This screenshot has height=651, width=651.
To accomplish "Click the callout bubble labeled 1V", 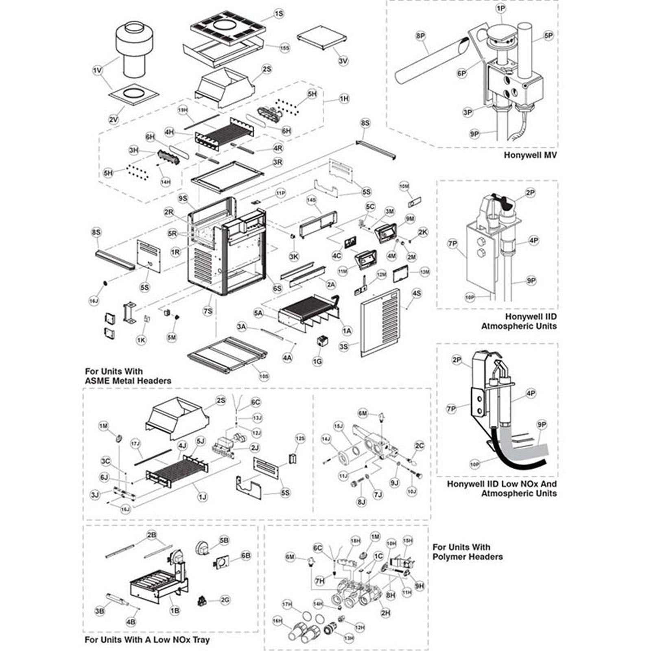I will (x=97, y=71).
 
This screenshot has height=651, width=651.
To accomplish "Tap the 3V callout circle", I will (x=343, y=61).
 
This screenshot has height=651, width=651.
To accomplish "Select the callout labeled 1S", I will (x=279, y=14).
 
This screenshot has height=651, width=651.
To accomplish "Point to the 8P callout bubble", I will (x=420, y=36).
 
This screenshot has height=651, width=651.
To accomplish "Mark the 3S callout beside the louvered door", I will (x=344, y=347).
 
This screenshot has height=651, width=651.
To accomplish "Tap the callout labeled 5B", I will (x=224, y=540).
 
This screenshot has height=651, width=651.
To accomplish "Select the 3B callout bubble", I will (x=100, y=611).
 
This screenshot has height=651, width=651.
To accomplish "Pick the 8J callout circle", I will (x=362, y=502).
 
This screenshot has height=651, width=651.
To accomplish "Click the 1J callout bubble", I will (x=202, y=497).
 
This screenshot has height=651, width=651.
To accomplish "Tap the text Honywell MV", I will (x=530, y=155).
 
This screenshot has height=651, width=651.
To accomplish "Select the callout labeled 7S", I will (x=208, y=311).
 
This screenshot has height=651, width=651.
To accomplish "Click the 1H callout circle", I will (x=344, y=98).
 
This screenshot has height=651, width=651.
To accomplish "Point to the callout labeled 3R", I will (x=278, y=162).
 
